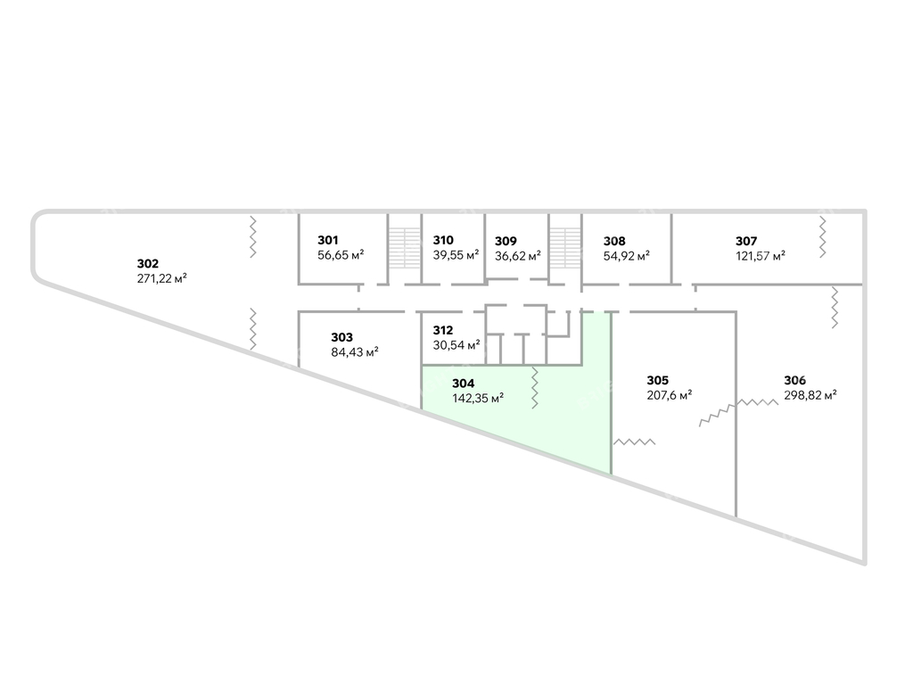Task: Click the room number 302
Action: click(x=148, y=264)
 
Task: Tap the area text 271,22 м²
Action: click(x=162, y=278)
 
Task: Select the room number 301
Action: click(x=328, y=240)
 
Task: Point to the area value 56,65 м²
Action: click(x=341, y=254)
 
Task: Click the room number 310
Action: click(x=443, y=240)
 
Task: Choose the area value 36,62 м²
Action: click(x=518, y=256)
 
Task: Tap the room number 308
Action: click(x=614, y=241)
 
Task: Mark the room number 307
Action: click(x=746, y=241)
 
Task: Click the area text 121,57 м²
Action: click(x=761, y=256)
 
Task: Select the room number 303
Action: click(x=341, y=337)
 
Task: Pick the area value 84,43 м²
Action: click(x=355, y=351)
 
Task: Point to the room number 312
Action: click(x=442, y=330)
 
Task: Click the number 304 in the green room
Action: click(x=464, y=384)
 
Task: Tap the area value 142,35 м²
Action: click(x=478, y=399)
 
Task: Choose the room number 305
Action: click(x=658, y=380)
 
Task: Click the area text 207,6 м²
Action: click(x=670, y=395)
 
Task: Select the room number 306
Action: click(x=794, y=380)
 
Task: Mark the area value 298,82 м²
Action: click(x=810, y=395)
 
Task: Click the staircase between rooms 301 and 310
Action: click(x=405, y=249)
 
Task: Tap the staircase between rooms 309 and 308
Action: click(x=565, y=249)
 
